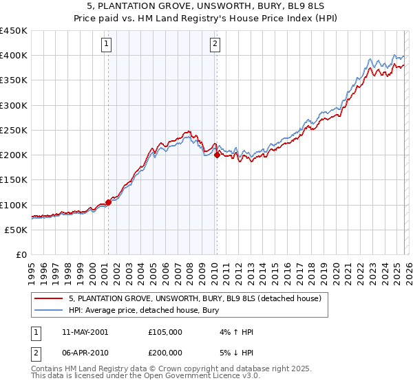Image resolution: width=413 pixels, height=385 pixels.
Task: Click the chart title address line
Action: tap(206, 6)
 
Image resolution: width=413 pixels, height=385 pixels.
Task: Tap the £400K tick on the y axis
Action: tap(14, 56)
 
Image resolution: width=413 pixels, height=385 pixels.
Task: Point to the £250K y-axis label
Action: tap(14, 130)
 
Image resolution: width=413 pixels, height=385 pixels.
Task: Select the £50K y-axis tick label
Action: tap(17, 230)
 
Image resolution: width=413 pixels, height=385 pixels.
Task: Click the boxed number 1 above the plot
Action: tap(107, 45)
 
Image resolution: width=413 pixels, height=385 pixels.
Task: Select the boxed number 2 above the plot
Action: tap(215, 45)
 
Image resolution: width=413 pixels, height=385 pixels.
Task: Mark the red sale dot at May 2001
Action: tap(108, 203)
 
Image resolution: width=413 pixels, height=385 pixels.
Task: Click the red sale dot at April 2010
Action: tap(217, 155)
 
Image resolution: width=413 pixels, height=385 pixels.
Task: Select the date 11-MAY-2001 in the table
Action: tap(85, 332)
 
